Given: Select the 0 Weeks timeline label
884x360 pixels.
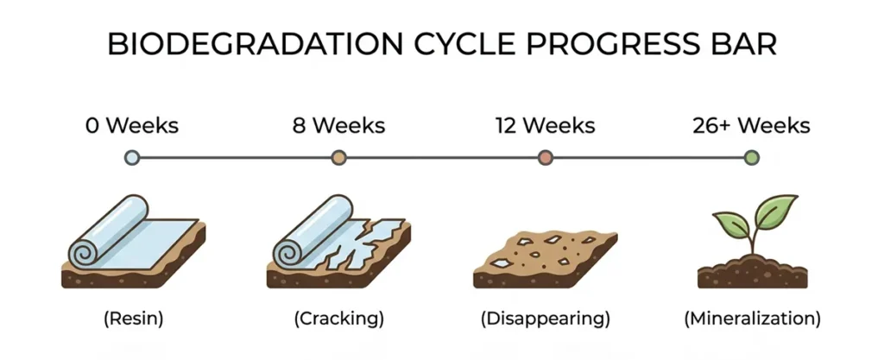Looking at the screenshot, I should (132, 126).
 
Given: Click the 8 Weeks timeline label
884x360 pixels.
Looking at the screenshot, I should (338, 126).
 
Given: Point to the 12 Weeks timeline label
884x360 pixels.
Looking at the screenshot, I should (545, 126).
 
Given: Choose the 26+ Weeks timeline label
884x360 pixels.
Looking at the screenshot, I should (751, 126).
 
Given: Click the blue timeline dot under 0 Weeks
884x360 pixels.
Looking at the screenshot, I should (132, 158).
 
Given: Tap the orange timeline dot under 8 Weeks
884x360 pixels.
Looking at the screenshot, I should (338, 158).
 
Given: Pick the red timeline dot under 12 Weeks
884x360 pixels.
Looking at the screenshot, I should (545, 158).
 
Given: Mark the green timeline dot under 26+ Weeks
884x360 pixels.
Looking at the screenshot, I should (751, 158).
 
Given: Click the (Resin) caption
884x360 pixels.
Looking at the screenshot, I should (133, 319).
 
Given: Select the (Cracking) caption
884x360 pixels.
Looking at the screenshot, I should (338, 319).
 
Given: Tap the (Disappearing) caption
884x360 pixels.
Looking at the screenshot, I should (545, 319).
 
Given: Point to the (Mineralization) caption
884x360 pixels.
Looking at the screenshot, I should (751, 319).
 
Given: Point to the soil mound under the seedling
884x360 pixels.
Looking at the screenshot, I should (749, 271).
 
